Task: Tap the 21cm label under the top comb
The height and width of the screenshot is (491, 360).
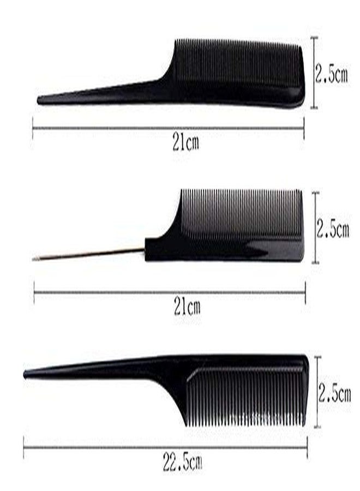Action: pos(185,143)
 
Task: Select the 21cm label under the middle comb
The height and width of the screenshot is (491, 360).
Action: pos(187,307)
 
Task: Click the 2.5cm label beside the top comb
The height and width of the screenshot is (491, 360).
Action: pos(331,74)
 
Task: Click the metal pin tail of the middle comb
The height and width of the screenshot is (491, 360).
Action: pos(88,253)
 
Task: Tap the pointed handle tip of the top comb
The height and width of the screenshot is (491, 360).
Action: pos(39,100)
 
